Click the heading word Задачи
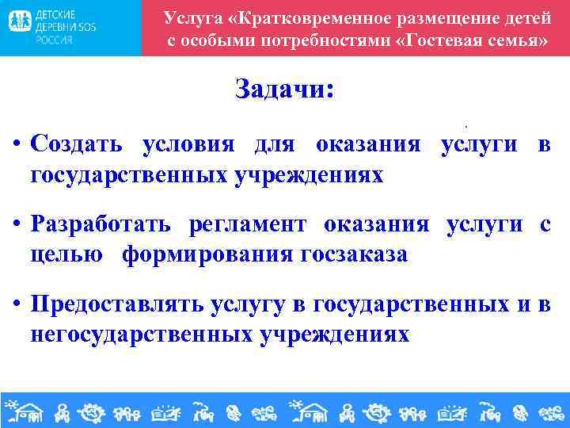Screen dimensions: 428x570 coord(284,90)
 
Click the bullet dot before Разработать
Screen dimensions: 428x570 coord(17,226)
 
